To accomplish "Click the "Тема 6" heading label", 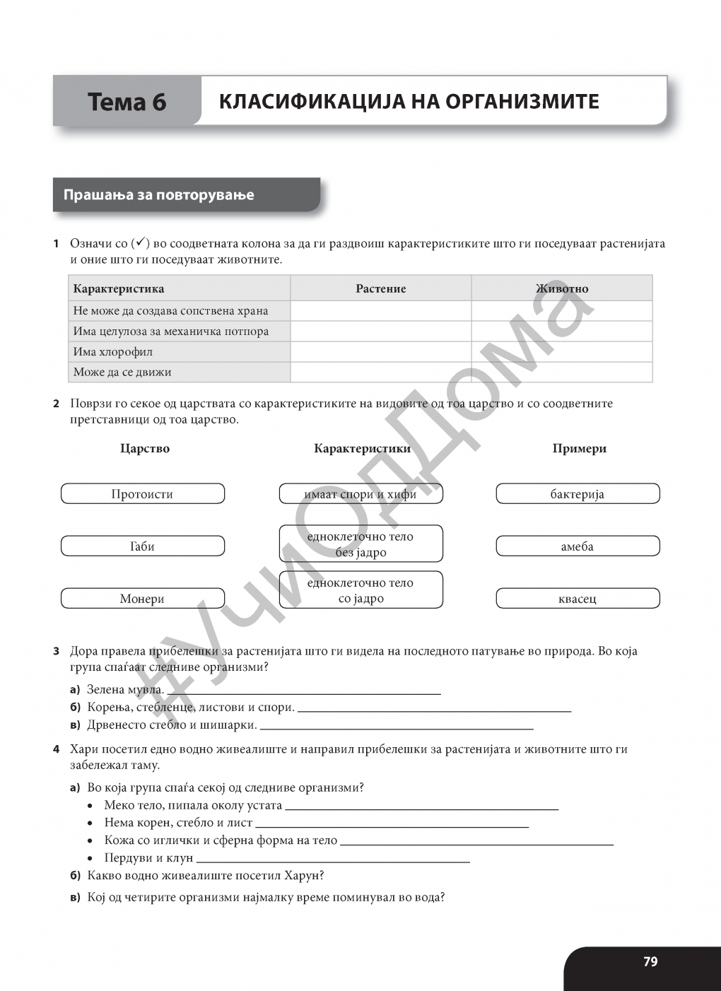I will pyautogui.click(x=127, y=102).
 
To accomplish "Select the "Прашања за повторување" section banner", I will pyautogui.click(x=159, y=195).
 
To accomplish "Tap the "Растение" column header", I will pyautogui.click(x=380, y=288).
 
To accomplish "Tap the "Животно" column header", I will pyautogui.click(x=562, y=288).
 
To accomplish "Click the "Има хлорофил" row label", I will pyautogui.click(x=113, y=352).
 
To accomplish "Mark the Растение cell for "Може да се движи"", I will pyautogui.click(x=380, y=373).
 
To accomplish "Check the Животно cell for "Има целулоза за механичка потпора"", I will pyautogui.click(x=562, y=332).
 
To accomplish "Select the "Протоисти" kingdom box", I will pyautogui.click(x=143, y=494).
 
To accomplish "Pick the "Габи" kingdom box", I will pyautogui.click(x=143, y=546).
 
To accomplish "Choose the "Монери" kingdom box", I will pyautogui.click(x=143, y=599).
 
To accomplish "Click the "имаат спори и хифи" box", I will pyautogui.click(x=360, y=494).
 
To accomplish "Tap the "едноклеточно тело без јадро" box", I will pyautogui.click(x=360, y=544).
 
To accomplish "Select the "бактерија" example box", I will pyautogui.click(x=578, y=494).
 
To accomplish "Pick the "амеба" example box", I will pyautogui.click(x=578, y=546).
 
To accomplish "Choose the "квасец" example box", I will pyautogui.click(x=578, y=599).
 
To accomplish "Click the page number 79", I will pyautogui.click(x=650, y=962).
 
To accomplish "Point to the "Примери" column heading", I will pyautogui.click(x=579, y=449).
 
